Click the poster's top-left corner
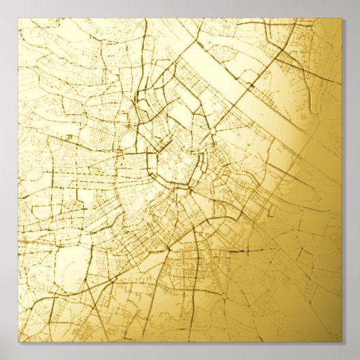pos(18,18)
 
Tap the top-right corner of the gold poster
pos(342,18)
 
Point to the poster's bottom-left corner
pos(18,342)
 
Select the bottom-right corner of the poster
pos(342,342)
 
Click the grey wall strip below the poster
pos(180,351)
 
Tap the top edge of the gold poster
pos(180,18)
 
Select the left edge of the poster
pos(18,180)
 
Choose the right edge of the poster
pos(342,180)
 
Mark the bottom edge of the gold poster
pos(180,342)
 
